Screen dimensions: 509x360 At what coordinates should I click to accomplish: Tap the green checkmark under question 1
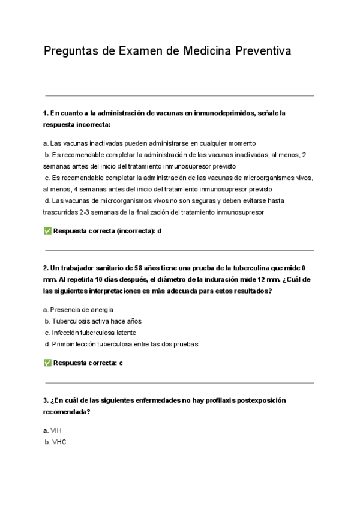point(47,231)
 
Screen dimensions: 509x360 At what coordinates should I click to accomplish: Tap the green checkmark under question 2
point(47,363)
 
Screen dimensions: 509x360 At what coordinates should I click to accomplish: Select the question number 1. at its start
point(46,112)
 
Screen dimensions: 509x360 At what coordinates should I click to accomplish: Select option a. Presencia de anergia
point(78,310)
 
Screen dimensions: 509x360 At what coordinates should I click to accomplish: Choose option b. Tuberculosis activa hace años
point(93,321)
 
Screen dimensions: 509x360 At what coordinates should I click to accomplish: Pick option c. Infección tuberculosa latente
point(90,333)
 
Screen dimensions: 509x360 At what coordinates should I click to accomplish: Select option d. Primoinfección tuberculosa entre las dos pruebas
point(121,344)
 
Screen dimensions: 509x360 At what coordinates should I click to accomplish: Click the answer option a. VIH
point(53,430)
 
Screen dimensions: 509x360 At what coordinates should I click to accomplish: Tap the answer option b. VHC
point(55,442)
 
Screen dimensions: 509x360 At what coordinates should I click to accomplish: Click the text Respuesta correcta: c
point(88,363)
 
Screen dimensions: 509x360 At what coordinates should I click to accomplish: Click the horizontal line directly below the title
point(179,95)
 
